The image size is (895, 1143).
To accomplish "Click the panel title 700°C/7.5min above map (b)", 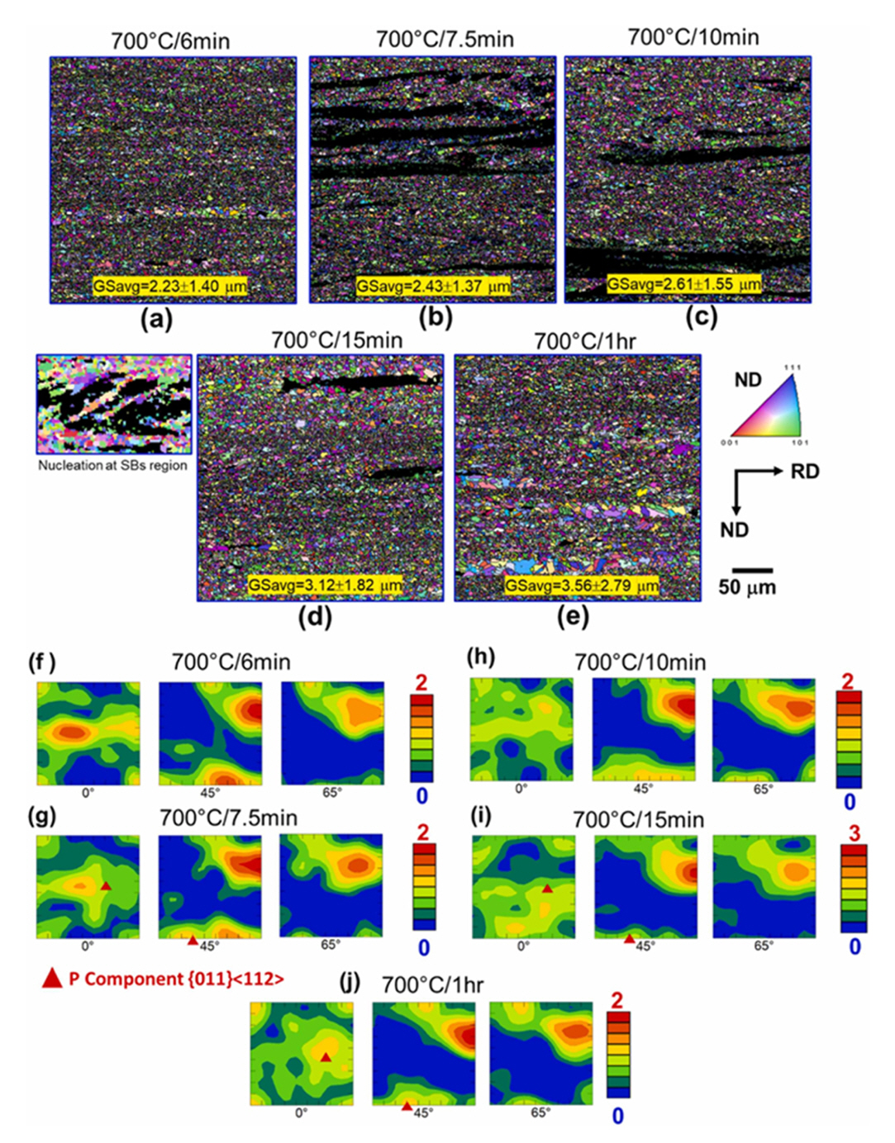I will click(445, 39).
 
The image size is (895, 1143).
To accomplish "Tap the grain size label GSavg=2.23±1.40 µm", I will click(170, 287).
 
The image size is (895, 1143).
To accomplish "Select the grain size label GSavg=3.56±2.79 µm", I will click(583, 586).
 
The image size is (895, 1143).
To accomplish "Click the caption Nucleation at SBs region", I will click(112, 465).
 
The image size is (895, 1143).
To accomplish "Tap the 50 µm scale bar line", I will click(751, 570).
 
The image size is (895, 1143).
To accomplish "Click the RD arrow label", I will click(804, 472).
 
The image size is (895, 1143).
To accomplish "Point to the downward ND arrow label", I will click(734, 529).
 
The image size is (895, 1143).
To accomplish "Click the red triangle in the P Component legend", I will click(52, 979).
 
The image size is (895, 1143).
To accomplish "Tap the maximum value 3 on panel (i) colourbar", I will click(854, 833).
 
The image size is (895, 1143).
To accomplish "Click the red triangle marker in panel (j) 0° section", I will click(326, 1057).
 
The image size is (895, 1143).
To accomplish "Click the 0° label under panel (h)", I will click(521, 789).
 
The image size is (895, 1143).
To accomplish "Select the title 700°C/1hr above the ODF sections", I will click(432, 984).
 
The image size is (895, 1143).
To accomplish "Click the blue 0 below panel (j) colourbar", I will click(617, 1116).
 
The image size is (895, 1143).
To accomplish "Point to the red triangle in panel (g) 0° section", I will click(106, 885).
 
